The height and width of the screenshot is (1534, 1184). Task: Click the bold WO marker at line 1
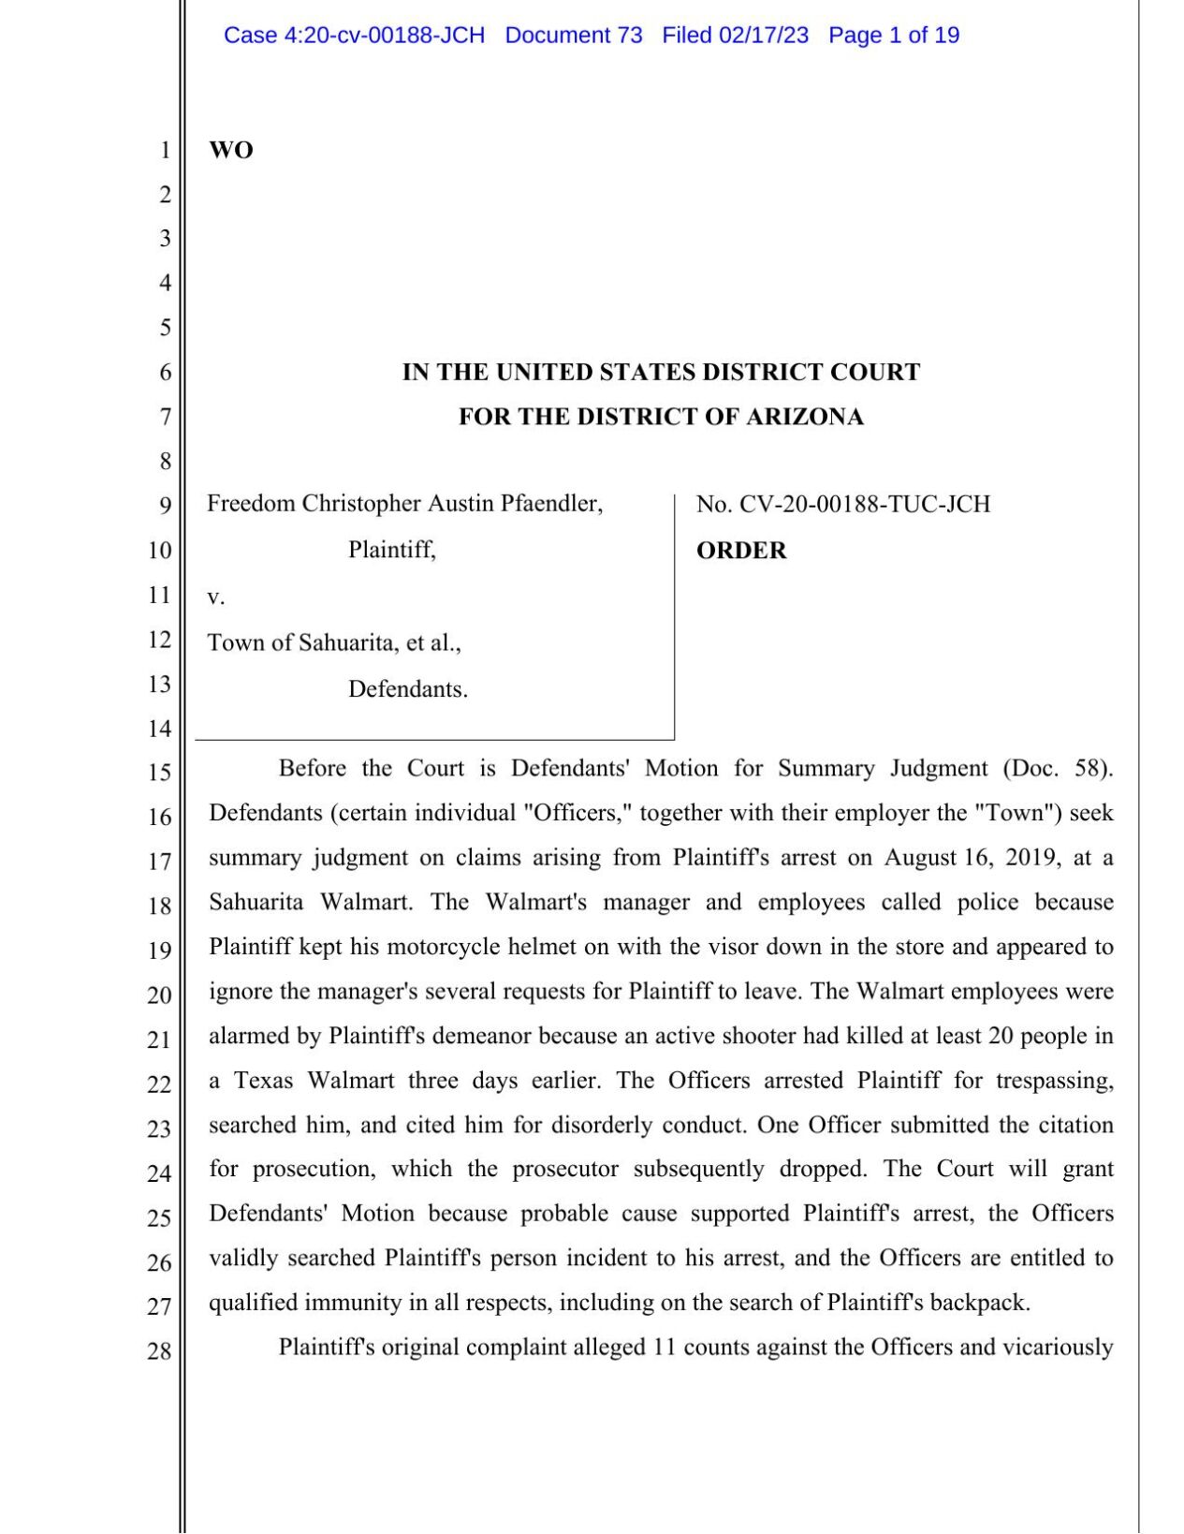click(x=230, y=150)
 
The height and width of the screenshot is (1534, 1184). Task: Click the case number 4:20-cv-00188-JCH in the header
click(x=384, y=36)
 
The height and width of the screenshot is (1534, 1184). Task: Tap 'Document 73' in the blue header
click(x=573, y=36)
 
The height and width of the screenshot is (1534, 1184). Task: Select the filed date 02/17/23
click(x=763, y=36)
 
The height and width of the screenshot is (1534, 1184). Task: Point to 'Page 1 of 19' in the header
click(x=893, y=36)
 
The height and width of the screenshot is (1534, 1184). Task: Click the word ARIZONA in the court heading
click(x=804, y=417)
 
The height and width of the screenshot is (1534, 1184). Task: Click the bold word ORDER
click(x=740, y=551)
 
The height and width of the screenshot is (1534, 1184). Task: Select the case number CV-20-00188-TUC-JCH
click(x=865, y=505)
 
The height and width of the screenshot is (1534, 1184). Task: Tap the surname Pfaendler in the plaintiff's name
click(x=551, y=504)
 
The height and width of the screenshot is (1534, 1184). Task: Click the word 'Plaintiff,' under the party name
click(x=392, y=550)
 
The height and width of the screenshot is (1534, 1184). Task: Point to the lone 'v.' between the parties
click(x=215, y=597)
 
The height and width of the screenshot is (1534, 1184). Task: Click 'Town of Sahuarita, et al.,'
click(x=334, y=642)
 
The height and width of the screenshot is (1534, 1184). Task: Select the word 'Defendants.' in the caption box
click(x=408, y=689)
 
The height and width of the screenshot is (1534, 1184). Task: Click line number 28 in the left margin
click(x=159, y=1350)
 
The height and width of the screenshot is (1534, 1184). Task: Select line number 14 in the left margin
click(x=159, y=729)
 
